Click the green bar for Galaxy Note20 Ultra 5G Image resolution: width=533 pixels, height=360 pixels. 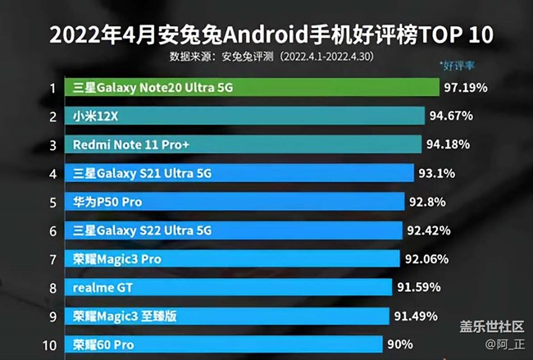(x=254, y=88)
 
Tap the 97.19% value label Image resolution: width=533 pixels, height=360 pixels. (x=467, y=88)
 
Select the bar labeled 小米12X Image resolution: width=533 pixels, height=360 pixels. (x=247, y=116)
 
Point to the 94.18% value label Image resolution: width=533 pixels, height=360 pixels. (x=449, y=144)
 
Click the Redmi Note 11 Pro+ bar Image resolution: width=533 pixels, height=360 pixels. (x=245, y=144)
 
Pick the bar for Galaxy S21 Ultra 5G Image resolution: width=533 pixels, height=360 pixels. (x=241, y=173)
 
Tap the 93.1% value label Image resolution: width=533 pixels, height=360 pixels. (x=439, y=173)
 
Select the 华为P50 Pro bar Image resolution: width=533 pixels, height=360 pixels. (x=238, y=202)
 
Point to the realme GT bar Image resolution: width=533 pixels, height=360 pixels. (x=230, y=287)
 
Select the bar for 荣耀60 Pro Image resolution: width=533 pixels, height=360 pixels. (x=226, y=344)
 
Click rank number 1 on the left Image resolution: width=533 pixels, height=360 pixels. (x=52, y=88)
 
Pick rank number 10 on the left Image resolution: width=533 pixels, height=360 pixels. (x=51, y=344)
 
